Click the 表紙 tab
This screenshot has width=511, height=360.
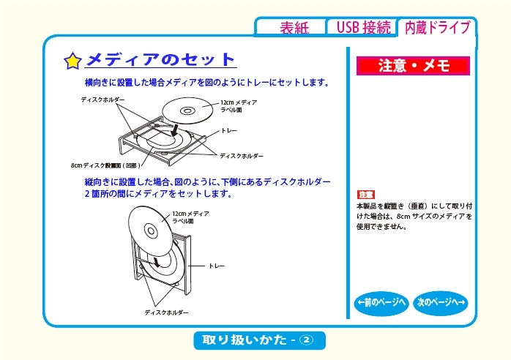click(x=294, y=27)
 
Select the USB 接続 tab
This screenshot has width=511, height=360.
click(x=363, y=27)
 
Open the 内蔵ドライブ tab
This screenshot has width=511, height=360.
click(x=438, y=27)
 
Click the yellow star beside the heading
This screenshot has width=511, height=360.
click(x=72, y=61)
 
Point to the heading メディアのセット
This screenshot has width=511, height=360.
click(x=160, y=59)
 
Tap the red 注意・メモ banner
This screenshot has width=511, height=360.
click(x=413, y=66)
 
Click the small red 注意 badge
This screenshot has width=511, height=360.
click(x=365, y=195)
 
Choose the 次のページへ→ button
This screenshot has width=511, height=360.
click(x=441, y=303)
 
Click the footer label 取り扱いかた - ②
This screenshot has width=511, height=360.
click(x=259, y=340)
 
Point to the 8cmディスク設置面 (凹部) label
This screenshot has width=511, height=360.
click(x=105, y=165)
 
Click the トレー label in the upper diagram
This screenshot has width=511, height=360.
click(x=229, y=131)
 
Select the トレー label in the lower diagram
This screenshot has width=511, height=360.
click(x=217, y=266)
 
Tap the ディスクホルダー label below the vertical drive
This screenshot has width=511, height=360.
click(x=166, y=312)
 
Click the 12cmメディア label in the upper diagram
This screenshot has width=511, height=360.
click(x=239, y=102)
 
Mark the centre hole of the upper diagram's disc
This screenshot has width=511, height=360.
click(x=187, y=110)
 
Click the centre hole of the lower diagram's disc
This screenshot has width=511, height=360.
click(x=151, y=231)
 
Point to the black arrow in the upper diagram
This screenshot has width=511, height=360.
click(x=175, y=130)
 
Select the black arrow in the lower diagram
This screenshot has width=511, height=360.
click(x=157, y=262)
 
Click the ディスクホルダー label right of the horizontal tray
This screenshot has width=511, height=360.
click(x=242, y=156)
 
